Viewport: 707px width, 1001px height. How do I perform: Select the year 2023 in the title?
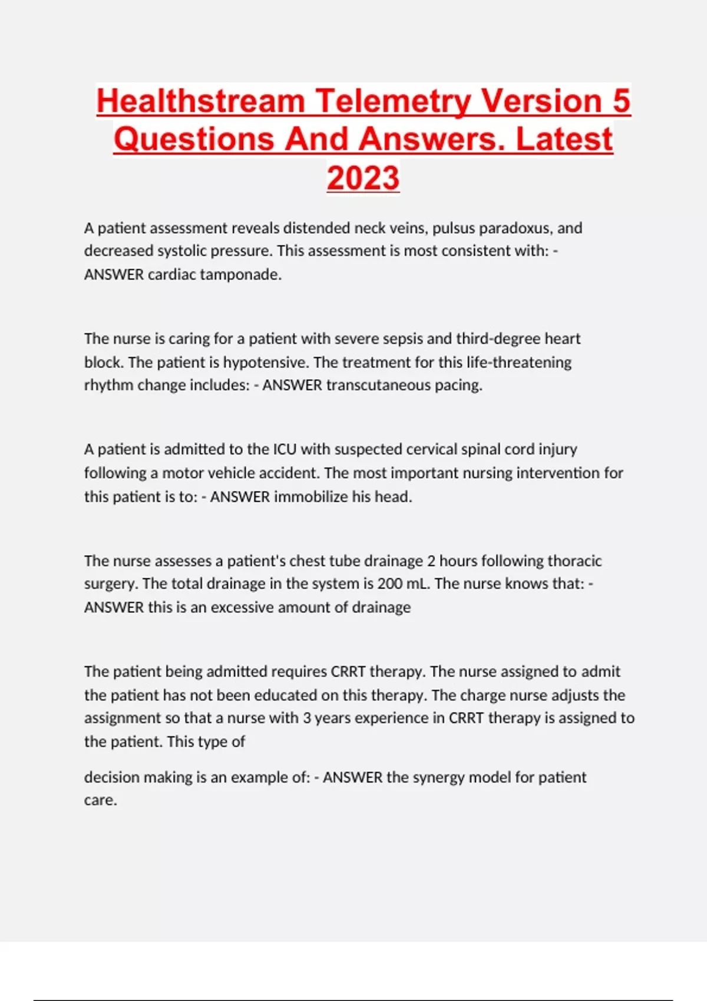(x=363, y=178)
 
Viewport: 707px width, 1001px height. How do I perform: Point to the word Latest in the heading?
(x=564, y=140)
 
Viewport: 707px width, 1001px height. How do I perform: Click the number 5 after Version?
(x=621, y=101)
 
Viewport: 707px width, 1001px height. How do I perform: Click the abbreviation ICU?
(x=285, y=449)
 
